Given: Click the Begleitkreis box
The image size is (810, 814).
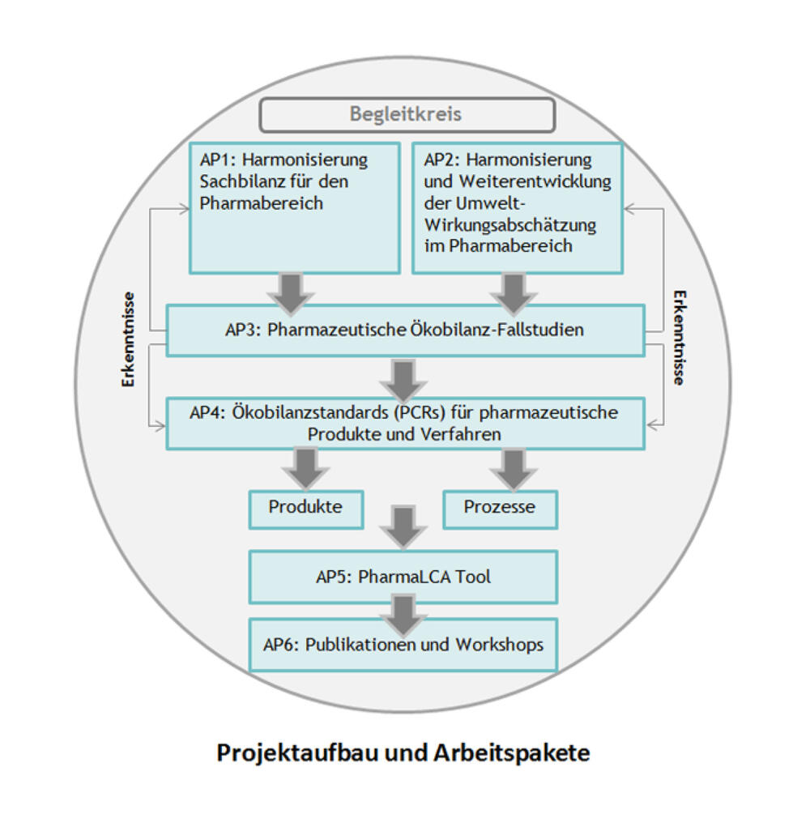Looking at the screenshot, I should point(407,114).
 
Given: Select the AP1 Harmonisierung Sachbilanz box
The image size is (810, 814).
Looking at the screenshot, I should point(295,208).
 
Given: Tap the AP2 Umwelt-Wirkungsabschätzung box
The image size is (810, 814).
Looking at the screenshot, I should point(518,208).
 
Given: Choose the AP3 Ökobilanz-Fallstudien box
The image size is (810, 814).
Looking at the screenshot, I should point(405,330).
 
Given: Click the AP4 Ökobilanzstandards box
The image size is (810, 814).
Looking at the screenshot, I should point(405,424).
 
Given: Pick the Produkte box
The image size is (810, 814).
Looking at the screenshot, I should point(305,508).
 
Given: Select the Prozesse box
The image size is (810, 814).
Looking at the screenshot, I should point(500,508).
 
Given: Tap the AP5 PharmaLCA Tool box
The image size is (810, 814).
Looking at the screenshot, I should point(403,577).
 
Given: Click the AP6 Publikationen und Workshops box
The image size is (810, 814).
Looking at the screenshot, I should point(403,645).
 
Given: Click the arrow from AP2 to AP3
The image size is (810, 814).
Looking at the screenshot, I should point(513,292).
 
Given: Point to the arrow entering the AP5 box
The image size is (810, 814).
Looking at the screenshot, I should point(403,526).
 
